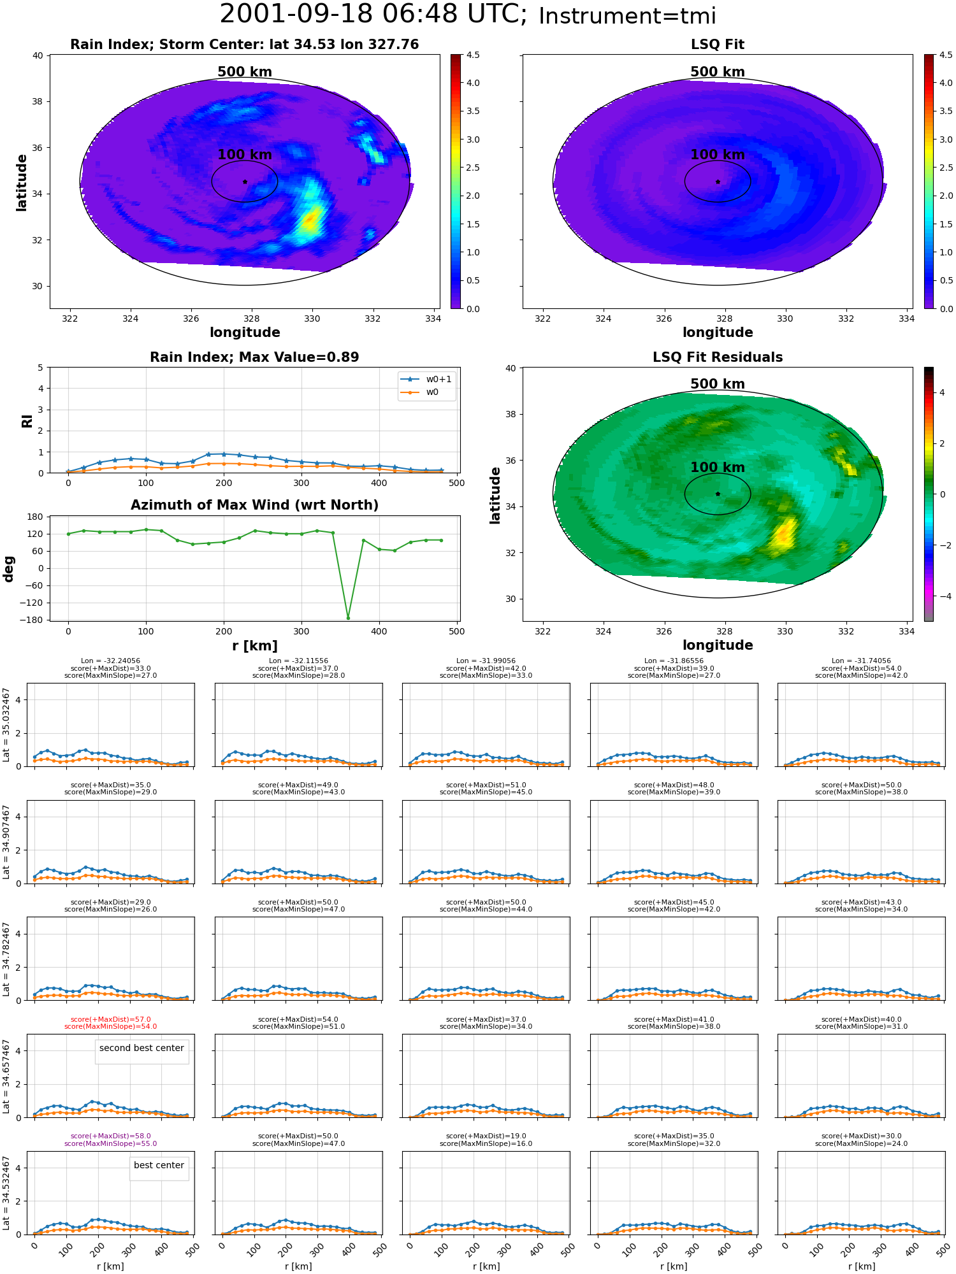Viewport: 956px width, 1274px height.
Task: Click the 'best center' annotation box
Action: pyautogui.click(x=159, y=1168)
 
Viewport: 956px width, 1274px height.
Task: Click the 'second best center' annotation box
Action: pyautogui.click(x=141, y=1052)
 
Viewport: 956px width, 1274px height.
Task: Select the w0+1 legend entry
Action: pyautogui.click(x=426, y=379)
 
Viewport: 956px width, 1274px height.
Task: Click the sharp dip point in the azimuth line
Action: pyautogui.click(x=348, y=617)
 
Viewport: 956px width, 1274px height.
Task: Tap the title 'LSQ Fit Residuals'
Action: pyautogui.click(x=718, y=357)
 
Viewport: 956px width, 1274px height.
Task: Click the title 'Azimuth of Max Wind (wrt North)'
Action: pyautogui.click(x=254, y=505)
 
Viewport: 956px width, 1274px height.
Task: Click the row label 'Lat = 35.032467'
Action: pyautogui.click(x=6, y=725)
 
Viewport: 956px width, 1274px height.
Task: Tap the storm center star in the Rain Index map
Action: pyautogui.click(x=245, y=182)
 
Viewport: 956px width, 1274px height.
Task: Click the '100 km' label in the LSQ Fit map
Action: pyautogui.click(x=718, y=155)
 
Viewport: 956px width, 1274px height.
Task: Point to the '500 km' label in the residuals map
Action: pyautogui.click(x=718, y=384)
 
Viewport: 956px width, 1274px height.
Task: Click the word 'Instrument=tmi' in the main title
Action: pyautogui.click(x=627, y=17)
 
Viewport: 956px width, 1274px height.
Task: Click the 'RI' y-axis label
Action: pyautogui.click(x=27, y=421)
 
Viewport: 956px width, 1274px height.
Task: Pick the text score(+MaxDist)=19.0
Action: pyautogui.click(x=486, y=1136)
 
